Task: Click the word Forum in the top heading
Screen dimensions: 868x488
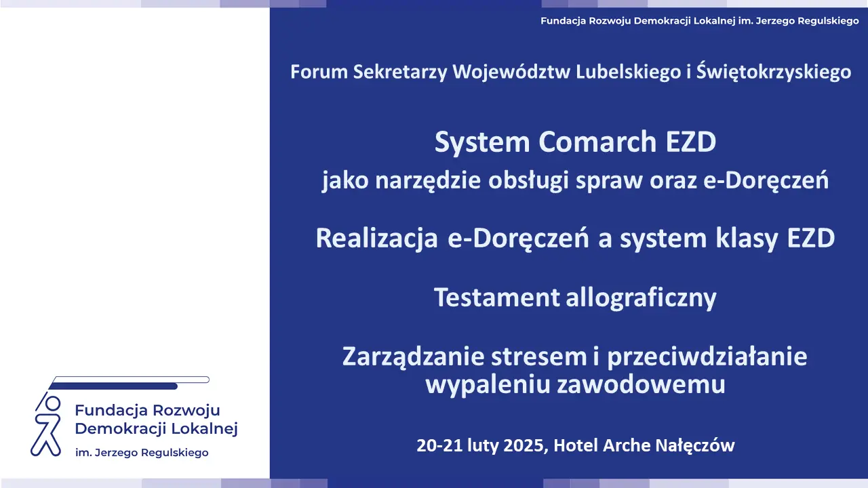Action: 319,72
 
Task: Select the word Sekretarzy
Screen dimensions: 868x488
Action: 400,73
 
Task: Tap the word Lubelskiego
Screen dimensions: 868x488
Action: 628,73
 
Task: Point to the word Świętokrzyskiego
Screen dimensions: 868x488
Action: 774,72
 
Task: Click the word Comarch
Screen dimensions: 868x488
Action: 597,142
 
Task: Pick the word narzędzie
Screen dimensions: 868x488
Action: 428,181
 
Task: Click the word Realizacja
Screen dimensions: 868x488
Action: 376,238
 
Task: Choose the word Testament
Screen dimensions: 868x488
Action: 497,298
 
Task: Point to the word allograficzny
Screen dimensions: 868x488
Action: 642,298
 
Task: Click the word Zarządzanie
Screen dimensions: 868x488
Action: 413,357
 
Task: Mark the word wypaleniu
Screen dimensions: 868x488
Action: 488,385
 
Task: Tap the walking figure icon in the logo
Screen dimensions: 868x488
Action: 47,425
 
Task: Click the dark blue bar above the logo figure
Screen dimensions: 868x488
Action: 113,386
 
